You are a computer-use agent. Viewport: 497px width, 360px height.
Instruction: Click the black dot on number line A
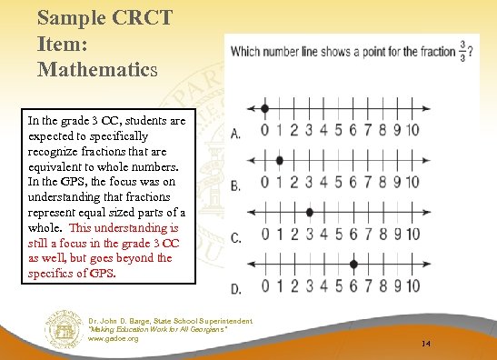click(264, 108)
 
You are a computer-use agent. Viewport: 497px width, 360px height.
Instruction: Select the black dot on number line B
click(280, 160)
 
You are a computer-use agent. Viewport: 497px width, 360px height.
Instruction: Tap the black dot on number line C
click(310, 211)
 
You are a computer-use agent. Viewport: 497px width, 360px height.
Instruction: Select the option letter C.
click(236, 237)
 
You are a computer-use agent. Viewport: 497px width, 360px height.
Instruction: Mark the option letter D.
click(236, 289)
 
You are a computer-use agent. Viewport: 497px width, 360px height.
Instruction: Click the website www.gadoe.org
click(114, 338)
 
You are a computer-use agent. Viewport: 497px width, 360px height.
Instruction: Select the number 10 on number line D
click(411, 286)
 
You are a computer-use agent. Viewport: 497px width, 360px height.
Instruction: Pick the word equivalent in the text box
click(56, 166)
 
